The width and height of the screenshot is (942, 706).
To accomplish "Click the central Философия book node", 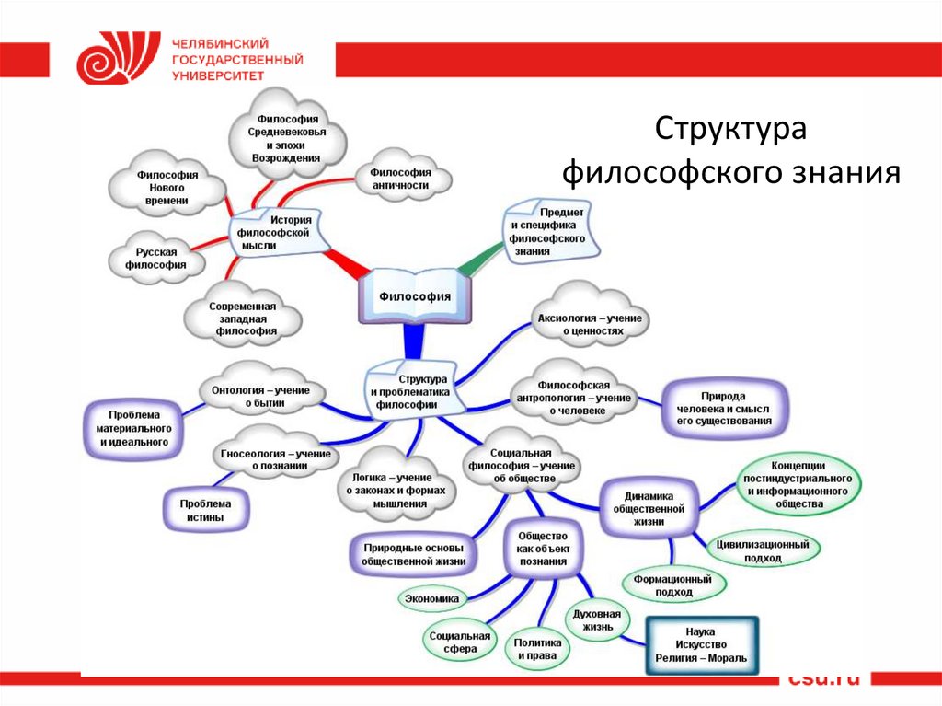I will coord(416,296).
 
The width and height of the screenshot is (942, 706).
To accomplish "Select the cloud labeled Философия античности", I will coord(400,178).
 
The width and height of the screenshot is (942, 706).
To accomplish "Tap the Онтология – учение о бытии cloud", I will coord(260,395).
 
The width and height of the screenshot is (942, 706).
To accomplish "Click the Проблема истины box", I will coord(205,511).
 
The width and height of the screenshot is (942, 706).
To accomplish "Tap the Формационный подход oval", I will coord(674,585).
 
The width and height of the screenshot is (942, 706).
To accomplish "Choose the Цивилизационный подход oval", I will coord(763,550).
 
